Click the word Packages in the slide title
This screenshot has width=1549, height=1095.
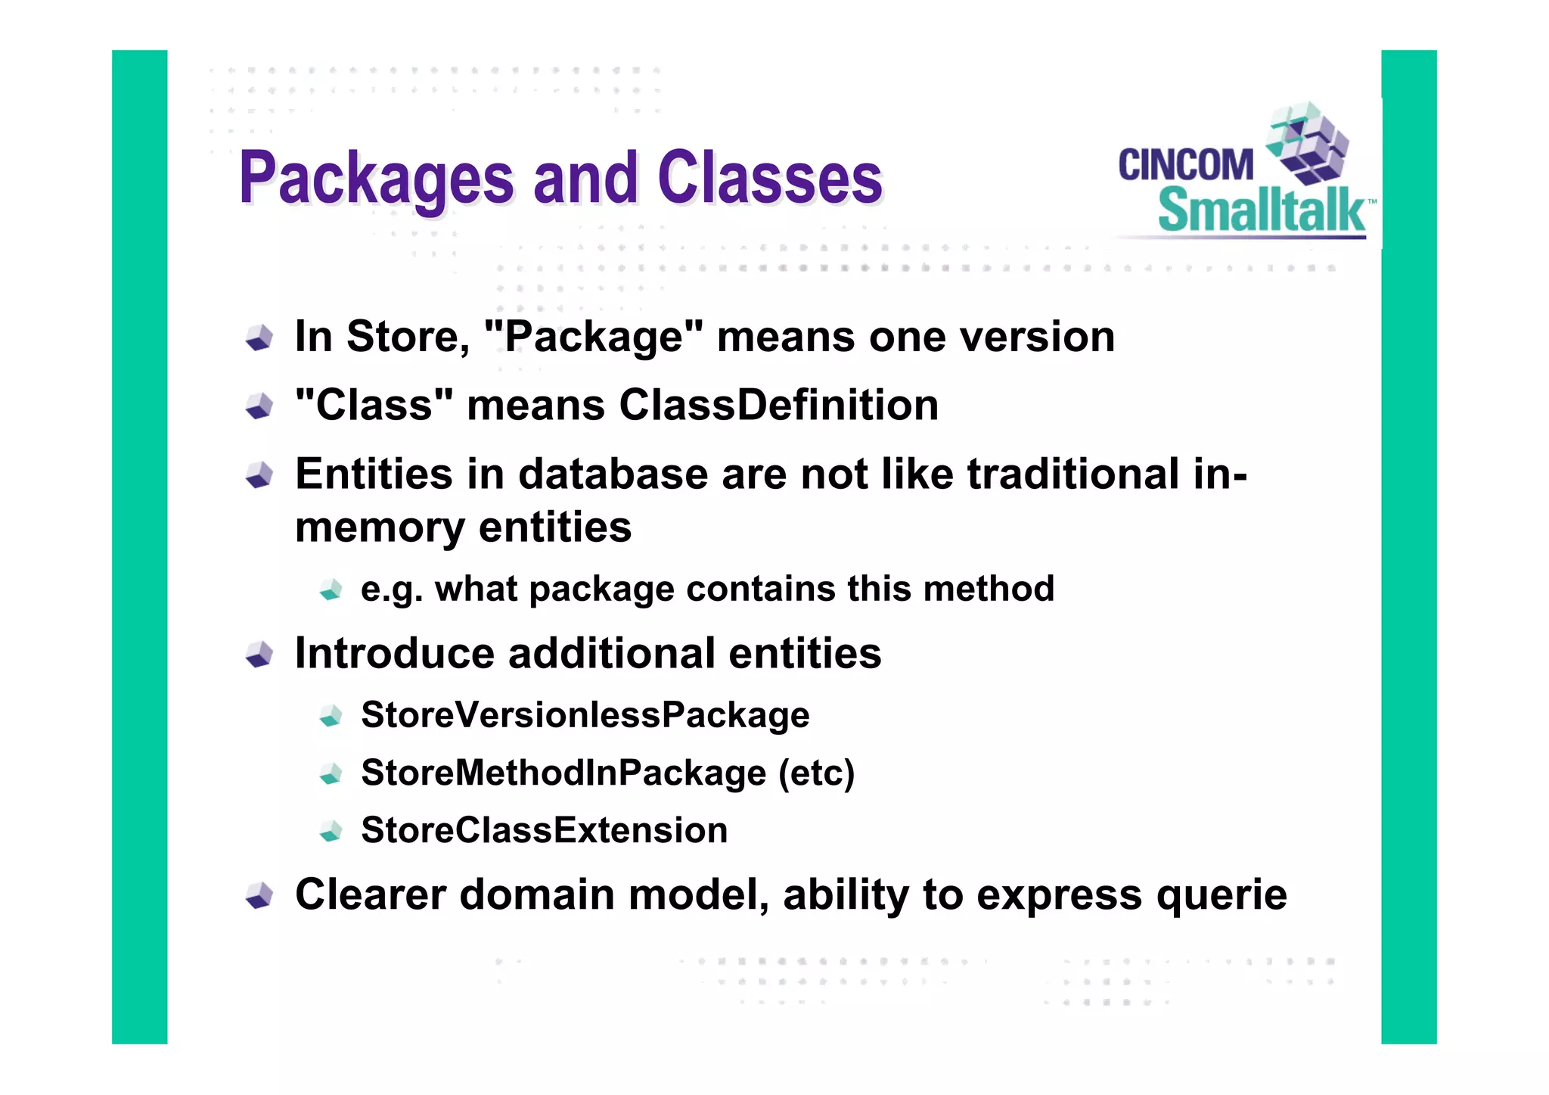click(x=377, y=179)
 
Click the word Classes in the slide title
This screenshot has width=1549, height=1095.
click(x=770, y=179)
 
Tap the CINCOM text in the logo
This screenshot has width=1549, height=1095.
click(x=1185, y=165)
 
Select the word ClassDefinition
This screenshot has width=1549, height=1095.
click(x=778, y=406)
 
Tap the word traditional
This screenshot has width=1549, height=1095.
click(x=1073, y=474)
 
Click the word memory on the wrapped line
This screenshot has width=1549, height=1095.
click(x=379, y=527)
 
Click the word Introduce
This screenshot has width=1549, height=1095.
click(x=394, y=653)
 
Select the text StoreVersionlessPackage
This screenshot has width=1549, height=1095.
click(x=585, y=715)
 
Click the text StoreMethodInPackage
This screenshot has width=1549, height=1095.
click(x=563, y=773)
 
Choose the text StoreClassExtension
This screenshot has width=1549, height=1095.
click(x=544, y=831)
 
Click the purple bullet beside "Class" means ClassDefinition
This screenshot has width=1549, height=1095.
click(x=259, y=406)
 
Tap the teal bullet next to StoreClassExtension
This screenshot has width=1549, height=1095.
click(x=331, y=832)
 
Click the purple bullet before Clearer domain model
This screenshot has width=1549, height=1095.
click(x=259, y=896)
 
